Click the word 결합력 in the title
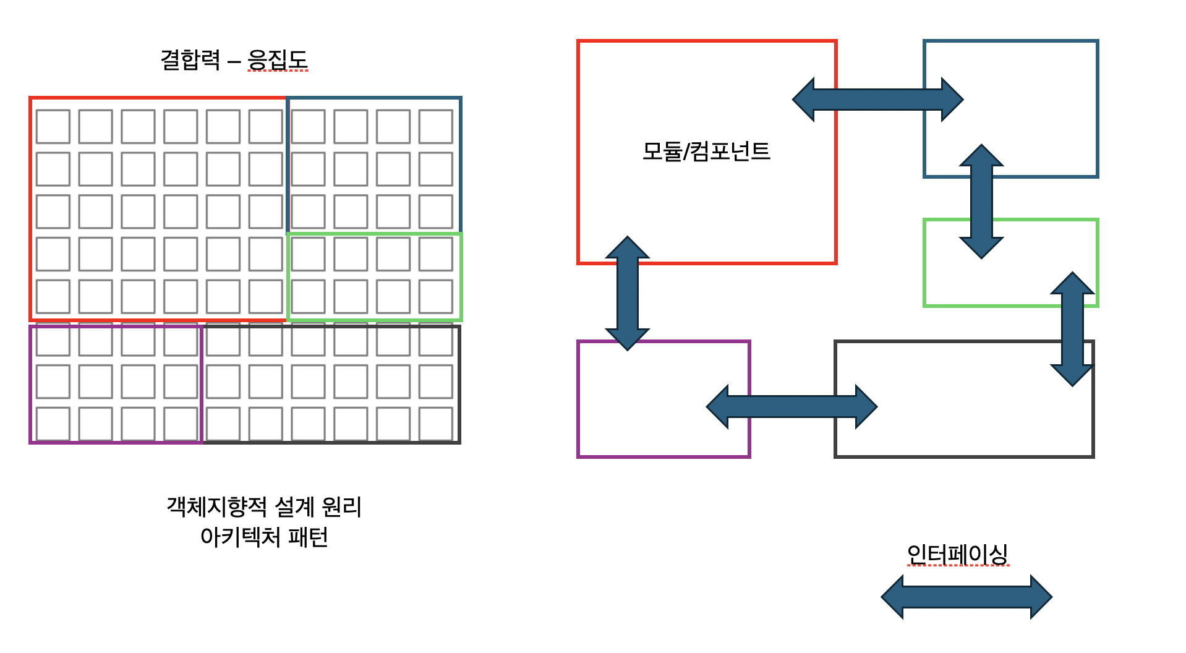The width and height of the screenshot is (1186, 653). pos(190,60)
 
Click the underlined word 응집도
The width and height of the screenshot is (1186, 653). pos(278,60)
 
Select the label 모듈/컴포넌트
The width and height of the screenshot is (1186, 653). pos(706,152)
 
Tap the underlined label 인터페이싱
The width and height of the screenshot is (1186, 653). pos(958,554)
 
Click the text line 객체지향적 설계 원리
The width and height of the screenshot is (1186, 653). pos(264,507)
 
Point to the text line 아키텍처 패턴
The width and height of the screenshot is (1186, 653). pos(264,537)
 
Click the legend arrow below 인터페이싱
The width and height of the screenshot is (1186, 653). pos(966,597)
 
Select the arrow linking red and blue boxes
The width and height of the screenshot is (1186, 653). pos(878,100)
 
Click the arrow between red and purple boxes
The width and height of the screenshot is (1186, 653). pos(628,293)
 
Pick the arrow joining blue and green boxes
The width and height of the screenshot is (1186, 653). pos(981,202)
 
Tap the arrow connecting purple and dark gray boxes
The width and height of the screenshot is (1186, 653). pos(791,407)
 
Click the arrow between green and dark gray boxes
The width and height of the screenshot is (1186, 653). pos(1073,329)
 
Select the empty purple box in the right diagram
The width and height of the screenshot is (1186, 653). pos(578,399)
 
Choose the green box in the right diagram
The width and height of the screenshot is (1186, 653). pos(924,263)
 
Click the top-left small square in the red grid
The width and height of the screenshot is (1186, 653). pos(53,126)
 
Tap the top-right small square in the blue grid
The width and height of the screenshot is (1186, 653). pos(436,126)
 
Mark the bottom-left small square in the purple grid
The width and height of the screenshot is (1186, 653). pos(53,424)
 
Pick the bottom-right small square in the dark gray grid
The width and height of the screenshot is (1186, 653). pos(436,424)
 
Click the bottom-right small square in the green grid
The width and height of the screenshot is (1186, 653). pos(436,297)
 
